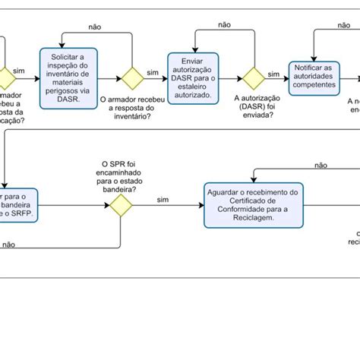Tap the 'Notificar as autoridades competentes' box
313,77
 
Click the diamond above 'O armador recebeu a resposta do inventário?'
134,78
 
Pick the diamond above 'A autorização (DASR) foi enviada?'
253,78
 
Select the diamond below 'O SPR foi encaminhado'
120,206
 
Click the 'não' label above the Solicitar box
95,27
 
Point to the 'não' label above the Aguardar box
321,165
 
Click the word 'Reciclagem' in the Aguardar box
251,216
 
